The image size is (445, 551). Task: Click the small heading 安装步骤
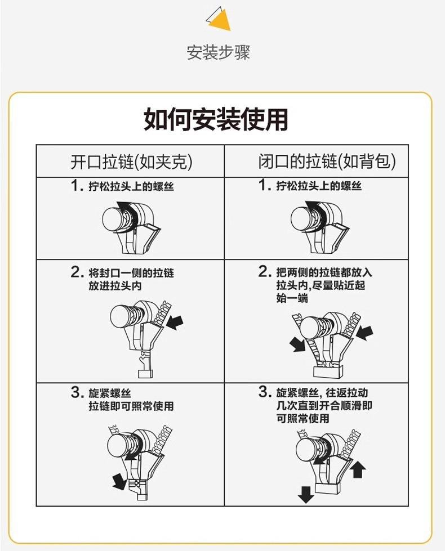(x=218, y=52)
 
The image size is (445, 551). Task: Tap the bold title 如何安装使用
(x=216, y=119)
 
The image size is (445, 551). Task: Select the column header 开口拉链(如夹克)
(x=131, y=162)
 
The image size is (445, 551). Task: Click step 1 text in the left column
(x=131, y=186)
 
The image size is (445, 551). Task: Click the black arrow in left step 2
(x=175, y=322)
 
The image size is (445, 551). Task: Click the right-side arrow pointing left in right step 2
(x=364, y=332)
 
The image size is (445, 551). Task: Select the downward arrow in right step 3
(x=306, y=494)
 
